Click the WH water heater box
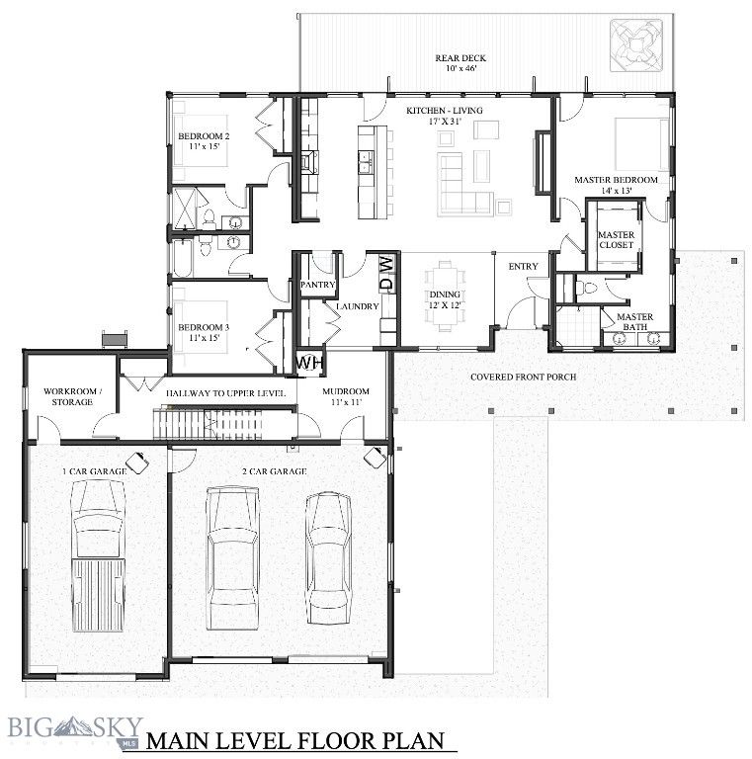[x=310, y=363]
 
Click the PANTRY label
[x=318, y=285]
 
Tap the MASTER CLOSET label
[x=617, y=239]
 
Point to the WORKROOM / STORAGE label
[x=68, y=396]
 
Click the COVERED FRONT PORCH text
[x=523, y=377]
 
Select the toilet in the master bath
[x=591, y=288]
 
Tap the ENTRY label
[x=523, y=267]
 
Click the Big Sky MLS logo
[x=75, y=729]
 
